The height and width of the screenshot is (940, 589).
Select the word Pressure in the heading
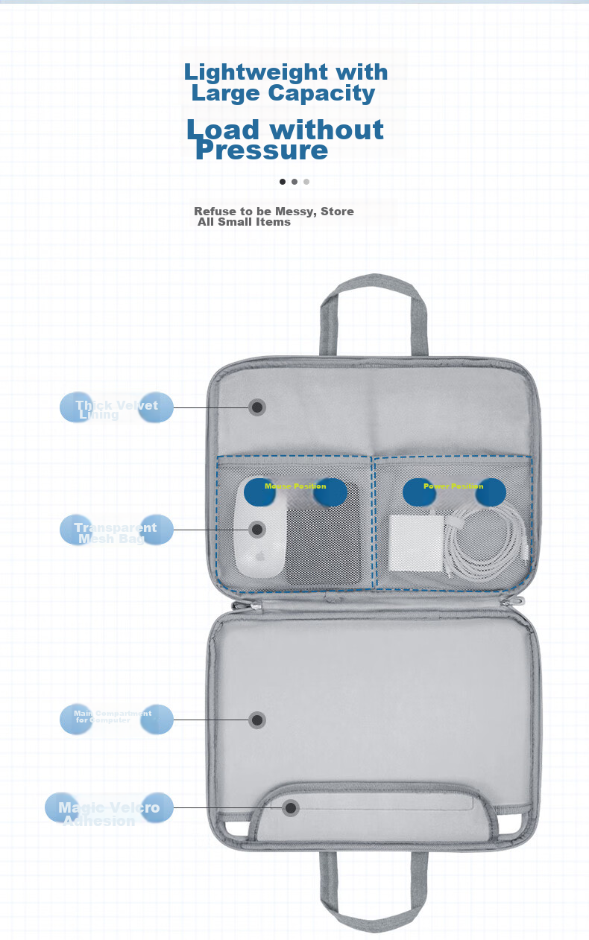tap(261, 151)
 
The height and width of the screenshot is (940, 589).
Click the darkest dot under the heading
tap(283, 181)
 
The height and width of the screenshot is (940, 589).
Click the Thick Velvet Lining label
tap(116, 409)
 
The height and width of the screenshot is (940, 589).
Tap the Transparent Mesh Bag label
tap(116, 532)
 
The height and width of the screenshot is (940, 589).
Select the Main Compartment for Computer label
tap(113, 717)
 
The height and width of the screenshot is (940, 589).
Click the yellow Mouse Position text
tap(295, 486)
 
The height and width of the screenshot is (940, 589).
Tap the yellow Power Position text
tap(453, 486)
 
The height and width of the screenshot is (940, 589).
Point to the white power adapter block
tap(416, 543)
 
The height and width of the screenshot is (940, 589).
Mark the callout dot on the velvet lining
tap(257, 407)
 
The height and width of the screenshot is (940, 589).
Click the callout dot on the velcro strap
tap(291, 807)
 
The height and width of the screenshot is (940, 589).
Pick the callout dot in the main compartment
tap(257, 720)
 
